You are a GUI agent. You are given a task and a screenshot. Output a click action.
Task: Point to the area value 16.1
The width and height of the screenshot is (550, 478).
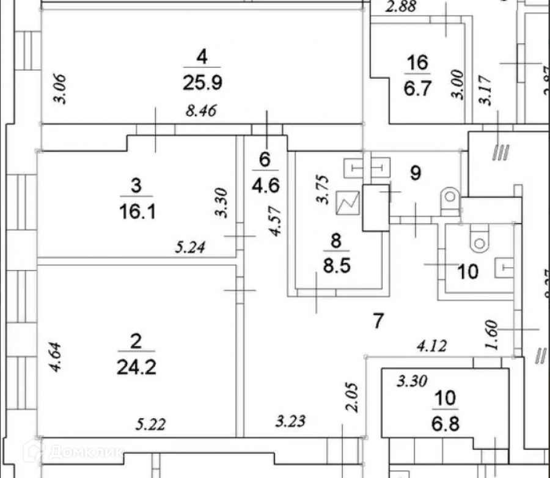(x=136, y=211)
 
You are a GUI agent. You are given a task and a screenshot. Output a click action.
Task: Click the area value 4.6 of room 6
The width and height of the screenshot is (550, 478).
(x=265, y=185)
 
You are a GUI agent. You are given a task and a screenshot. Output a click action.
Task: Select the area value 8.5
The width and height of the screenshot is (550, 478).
(x=336, y=266)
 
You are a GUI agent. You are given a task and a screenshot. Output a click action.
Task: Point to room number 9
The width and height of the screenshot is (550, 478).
(x=416, y=173)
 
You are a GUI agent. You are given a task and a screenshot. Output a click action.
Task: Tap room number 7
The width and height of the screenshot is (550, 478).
(x=378, y=320)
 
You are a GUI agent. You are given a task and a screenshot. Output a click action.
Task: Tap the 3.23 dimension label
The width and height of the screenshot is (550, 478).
(x=290, y=421)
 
